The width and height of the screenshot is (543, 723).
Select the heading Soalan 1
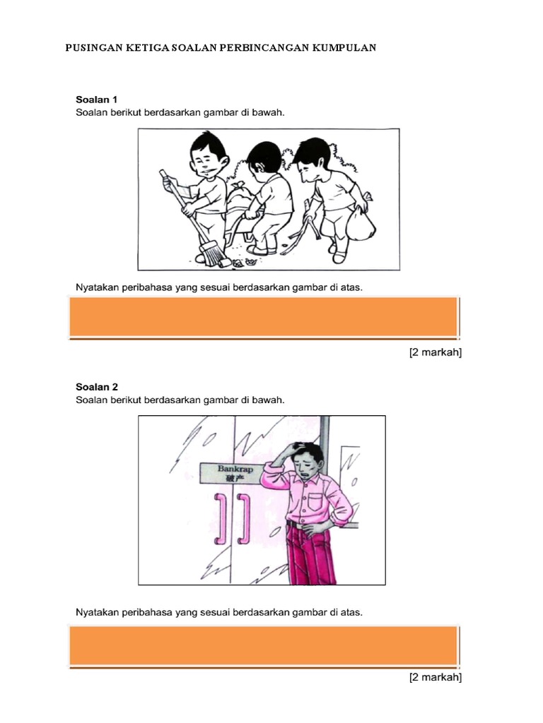point(96,100)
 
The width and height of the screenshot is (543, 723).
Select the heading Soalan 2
point(96,387)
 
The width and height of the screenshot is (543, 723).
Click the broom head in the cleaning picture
point(212,255)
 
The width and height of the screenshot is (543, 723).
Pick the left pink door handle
point(220,519)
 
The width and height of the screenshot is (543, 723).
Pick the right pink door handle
point(243,519)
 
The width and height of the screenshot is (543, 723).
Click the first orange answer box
point(264,317)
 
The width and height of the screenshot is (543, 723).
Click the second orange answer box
point(264,645)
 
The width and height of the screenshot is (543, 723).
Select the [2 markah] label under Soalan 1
point(436,353)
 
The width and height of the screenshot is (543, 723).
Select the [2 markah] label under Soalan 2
point(436,677)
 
